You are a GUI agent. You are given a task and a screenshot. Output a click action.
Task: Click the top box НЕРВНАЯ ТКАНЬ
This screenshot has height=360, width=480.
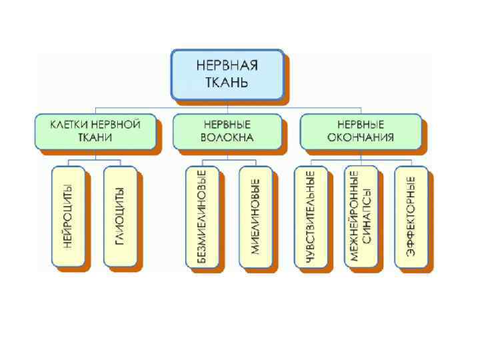click(227, 74)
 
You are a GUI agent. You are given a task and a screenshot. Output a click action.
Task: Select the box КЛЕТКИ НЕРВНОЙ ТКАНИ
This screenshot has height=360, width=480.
click(95, 131)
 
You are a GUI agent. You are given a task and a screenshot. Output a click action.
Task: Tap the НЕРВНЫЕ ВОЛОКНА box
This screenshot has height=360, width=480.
click(227, 131)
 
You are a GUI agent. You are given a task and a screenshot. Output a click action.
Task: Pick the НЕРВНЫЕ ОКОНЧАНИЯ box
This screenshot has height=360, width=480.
click(361, 131)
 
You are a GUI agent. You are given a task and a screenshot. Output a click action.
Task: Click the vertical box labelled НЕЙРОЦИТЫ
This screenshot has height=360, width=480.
click(69, 216)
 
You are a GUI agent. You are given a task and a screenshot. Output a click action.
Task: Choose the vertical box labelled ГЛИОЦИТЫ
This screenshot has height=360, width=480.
click(120, 216)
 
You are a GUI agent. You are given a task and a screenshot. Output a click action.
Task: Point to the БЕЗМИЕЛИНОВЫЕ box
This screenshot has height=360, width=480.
click(202, 216)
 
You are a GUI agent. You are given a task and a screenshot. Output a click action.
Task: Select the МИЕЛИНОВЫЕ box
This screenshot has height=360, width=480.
click(255, 216)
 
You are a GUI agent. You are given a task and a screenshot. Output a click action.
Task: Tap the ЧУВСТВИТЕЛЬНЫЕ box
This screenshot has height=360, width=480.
click(310, 216)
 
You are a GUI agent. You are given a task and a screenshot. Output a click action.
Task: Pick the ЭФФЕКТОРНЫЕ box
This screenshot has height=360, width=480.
click(411, 216)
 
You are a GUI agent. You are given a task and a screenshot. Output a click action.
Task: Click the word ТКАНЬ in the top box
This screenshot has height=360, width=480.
click(227, 83)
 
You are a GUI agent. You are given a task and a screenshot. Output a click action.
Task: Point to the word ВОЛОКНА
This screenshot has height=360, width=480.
click(227, 138)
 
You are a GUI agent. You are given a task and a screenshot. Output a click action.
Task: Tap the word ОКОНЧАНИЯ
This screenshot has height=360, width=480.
click(361, 138)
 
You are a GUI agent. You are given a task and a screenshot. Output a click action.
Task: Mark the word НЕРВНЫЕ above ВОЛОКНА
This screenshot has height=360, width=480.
click(227, 124)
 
